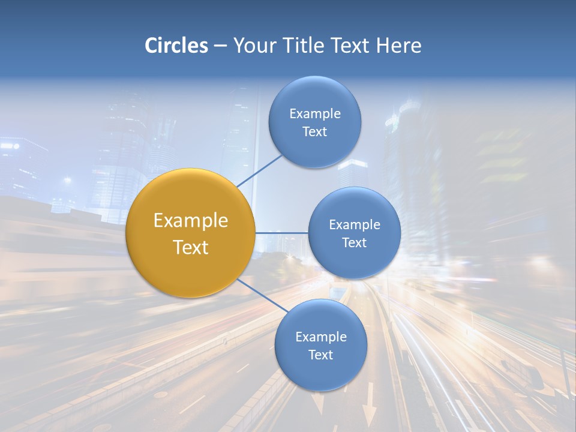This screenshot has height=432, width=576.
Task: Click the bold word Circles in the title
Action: pos(176,46)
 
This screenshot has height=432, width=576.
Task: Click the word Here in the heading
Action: pos(399,46)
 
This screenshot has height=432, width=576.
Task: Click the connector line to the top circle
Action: pos(260,170)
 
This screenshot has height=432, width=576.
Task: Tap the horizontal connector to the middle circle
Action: pos(282,233)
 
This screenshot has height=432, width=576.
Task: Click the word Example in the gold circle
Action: pos(191,221)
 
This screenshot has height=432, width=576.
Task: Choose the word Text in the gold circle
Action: pos(191,247)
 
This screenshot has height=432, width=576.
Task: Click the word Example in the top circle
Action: pos(315,114)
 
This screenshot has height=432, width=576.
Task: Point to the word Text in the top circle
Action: pos(315,132)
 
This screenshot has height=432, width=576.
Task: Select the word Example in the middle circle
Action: pos(355,225)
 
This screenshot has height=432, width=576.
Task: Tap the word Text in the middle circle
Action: pos(355,243)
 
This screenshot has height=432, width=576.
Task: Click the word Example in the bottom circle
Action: pos(321,337)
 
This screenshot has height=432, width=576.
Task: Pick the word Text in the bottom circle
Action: pos(321,355)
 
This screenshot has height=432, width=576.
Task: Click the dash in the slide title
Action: pos(220,46)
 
